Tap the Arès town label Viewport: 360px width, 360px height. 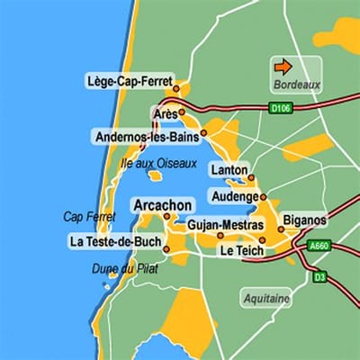(x=163, y=114)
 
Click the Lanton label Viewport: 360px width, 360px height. (x=228, y=170)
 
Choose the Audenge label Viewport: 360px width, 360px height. (x=232, y=196)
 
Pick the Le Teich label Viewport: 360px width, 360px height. (x=242, y=251)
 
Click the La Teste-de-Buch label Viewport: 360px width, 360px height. (x=114, y=241)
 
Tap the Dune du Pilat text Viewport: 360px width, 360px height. (x=118, y=268)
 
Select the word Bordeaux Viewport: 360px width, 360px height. (x=295, y=85)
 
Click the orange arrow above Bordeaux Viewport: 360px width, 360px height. (x=283, y=67)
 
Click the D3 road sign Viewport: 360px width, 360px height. (x=320, y=277)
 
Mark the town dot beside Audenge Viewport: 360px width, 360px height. (x=264, y=196)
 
